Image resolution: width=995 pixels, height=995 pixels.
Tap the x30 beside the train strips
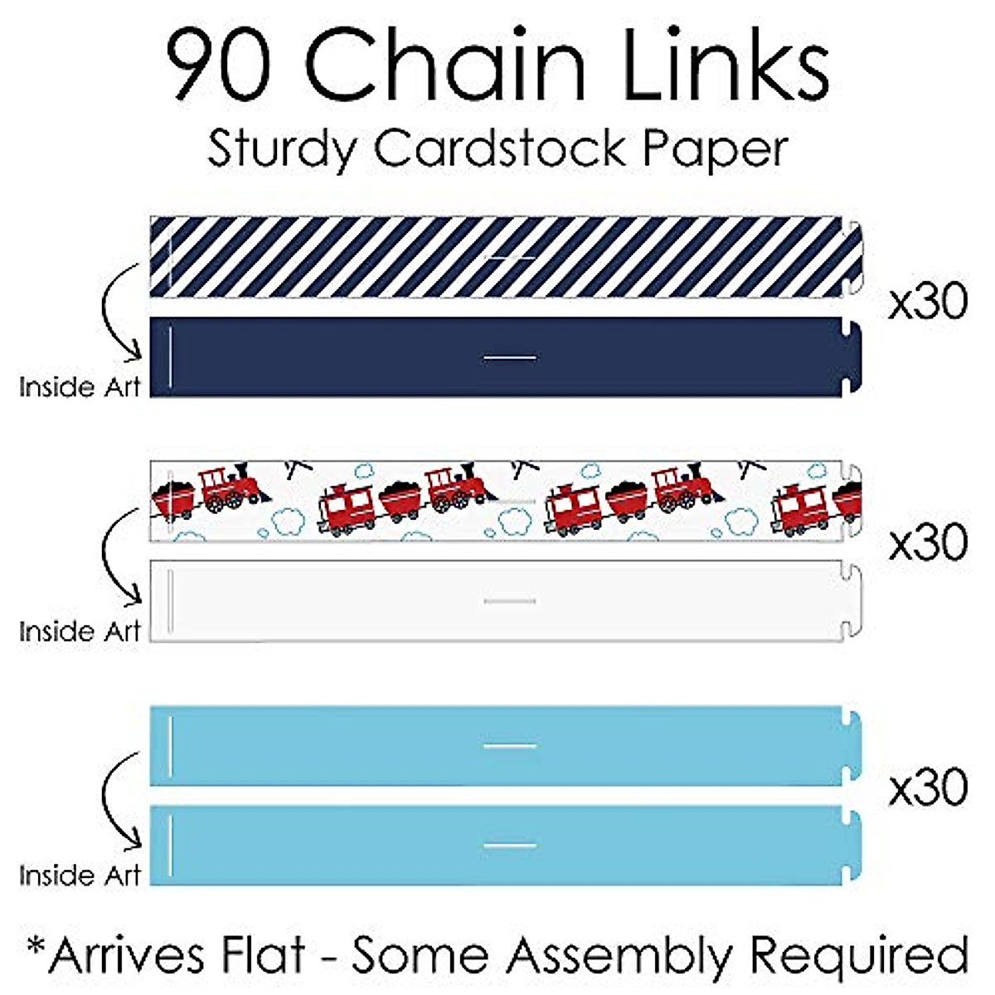tap(928, 544)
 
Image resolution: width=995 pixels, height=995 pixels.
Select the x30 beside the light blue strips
tap(928, 788)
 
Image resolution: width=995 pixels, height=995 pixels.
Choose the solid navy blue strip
tap(373, 357)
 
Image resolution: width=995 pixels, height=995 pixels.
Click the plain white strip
tap(373, 601)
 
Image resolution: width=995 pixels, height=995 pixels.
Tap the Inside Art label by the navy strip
tap(80, 387)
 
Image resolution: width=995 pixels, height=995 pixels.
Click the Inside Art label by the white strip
tap(80, 632)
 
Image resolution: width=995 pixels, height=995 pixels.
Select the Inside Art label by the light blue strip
tap(80, 876)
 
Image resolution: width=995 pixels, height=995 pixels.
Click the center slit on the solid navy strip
tap(510, 358)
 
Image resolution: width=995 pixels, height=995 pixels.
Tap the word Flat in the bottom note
tap(263, 955)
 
